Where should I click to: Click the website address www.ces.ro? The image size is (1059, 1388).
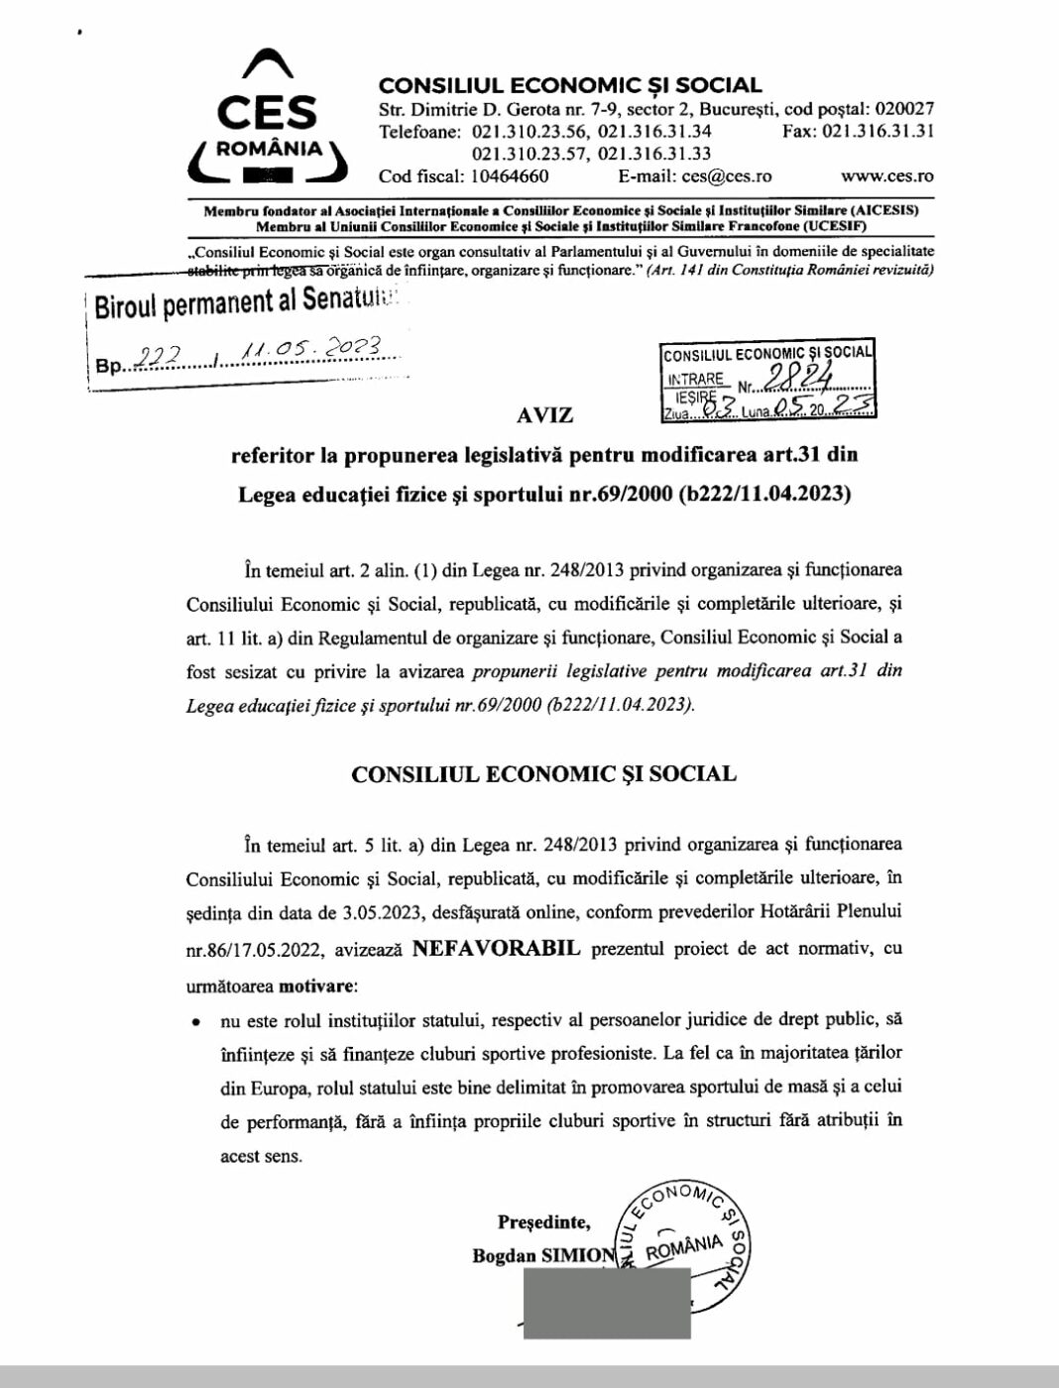(x=886, y=176)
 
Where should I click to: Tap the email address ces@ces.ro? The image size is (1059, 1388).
(x=727, y=176)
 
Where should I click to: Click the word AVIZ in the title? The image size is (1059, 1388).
(x=544, y=414)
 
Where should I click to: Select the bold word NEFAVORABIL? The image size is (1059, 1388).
(x=497, y=948)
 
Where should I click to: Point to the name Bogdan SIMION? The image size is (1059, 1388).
(x=543, y=1255)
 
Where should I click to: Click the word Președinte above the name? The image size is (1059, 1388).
(x=543, y=1221)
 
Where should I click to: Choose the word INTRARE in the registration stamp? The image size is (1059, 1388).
(x=696, y=379)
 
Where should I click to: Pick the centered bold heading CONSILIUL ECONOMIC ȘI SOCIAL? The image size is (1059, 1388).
(x=543, y=774)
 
